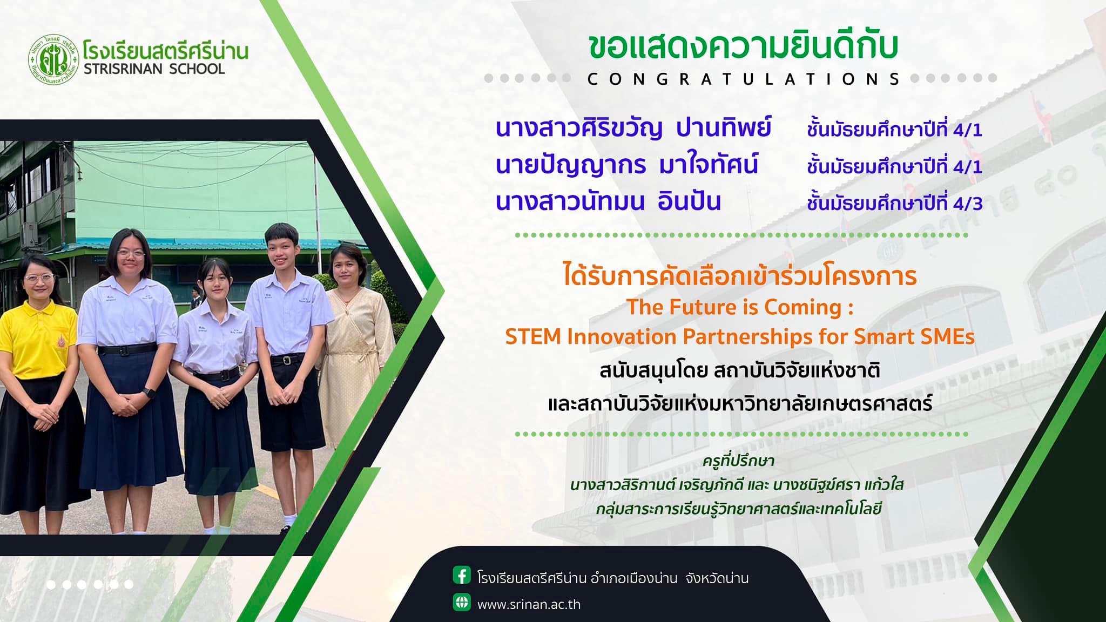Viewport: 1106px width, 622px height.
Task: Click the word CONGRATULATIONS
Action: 744,79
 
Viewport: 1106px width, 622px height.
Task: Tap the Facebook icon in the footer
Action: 462,576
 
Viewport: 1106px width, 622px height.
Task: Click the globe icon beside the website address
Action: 462,602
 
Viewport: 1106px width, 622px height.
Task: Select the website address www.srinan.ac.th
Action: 529,604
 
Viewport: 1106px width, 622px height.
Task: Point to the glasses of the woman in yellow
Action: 39,279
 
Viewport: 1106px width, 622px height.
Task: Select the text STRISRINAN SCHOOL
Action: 154,69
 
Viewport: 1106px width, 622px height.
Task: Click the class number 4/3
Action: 968,204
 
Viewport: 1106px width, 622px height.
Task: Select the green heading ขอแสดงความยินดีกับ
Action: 743,48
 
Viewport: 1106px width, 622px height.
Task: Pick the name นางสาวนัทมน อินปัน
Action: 609,201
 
